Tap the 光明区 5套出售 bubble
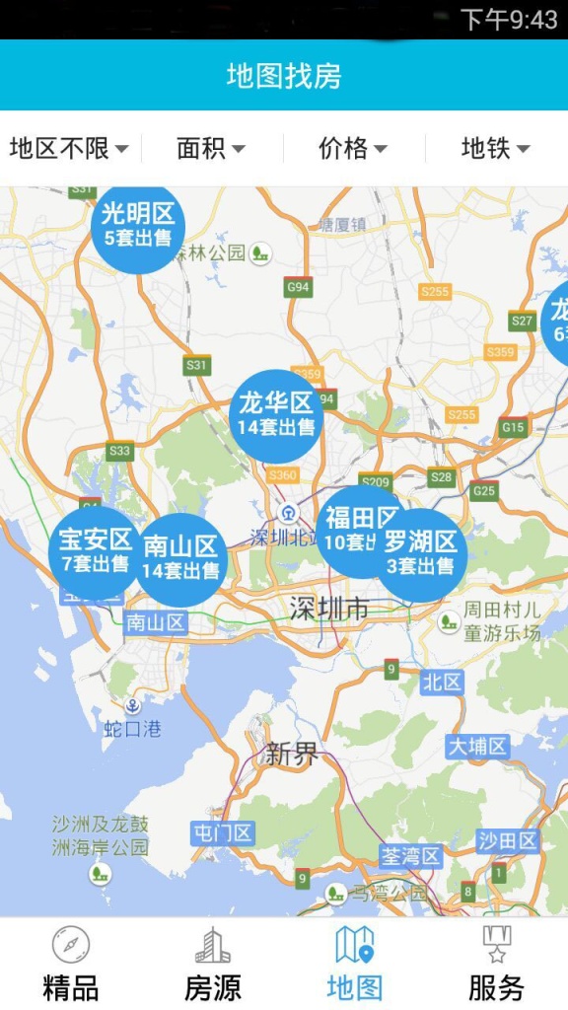click(x=138, y=226)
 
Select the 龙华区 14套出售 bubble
click(x=276, y=414)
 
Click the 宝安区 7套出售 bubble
click(x=94, y=552)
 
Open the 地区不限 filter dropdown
click(x=69, y=149)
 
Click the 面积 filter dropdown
click(x=211, y=149)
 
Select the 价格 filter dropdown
click(x=353, y=149)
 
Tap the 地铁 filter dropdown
click(x=495, y=149)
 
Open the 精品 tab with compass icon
click(x=71, y=964)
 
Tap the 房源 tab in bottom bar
click(x=213, y=964)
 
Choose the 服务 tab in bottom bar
click(x=497, y=964)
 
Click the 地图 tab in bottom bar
click(x=355, y=964)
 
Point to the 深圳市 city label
click(x=328, y=610)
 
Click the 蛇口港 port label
click(x=132, y=729)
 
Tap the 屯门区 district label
click(x=223, y=833)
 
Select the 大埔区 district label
click(x=477, y=746)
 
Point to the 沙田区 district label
click(x=508, y=840)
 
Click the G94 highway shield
click(x=297, y=287)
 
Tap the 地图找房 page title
click(x=284, y=76)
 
